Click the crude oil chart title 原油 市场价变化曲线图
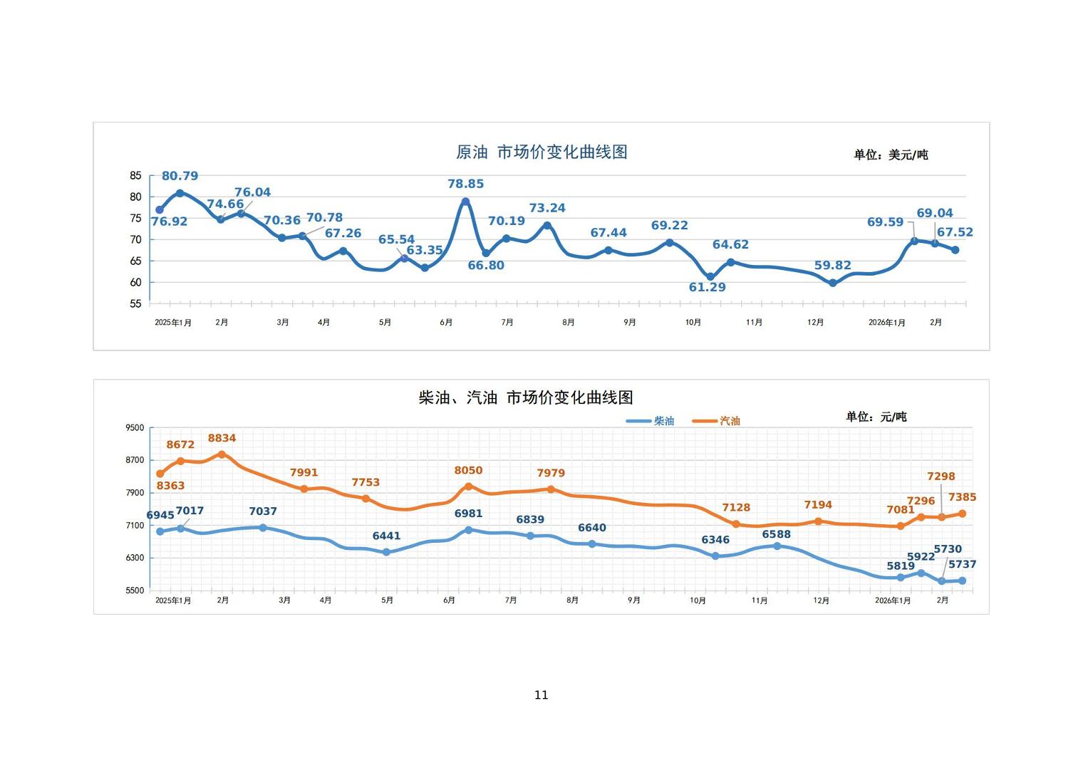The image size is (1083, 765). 541,152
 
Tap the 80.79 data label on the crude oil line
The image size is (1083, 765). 180,176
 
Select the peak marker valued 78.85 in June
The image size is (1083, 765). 465,202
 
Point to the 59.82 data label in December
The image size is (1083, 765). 832,266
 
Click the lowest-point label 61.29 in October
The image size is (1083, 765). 707,288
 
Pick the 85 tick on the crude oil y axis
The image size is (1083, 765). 135,176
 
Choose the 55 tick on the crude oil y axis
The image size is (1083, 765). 135,304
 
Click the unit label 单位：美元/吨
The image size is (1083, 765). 891,155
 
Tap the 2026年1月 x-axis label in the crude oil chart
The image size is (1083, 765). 886,323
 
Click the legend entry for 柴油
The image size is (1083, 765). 663,421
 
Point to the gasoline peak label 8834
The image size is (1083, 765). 222,439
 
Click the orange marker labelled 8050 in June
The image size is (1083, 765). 468,486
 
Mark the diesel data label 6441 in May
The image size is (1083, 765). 386,536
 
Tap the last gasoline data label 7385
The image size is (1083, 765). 962,498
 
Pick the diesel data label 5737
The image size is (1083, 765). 962,565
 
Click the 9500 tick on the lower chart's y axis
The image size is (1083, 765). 135,428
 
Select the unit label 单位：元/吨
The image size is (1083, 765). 876,417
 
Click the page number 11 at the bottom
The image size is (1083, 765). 541,695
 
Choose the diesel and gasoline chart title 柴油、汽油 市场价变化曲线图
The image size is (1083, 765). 525,397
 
